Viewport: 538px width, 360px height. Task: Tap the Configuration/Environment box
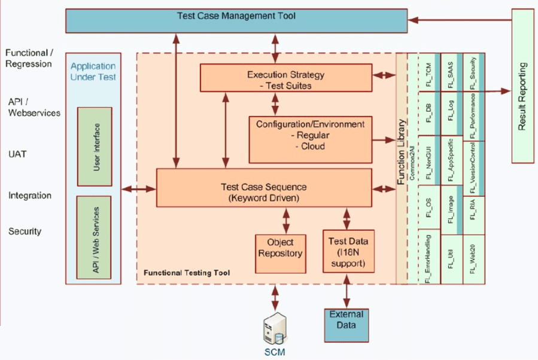click(x=309, y=136)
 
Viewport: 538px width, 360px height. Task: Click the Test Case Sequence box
click(x=263, y=187)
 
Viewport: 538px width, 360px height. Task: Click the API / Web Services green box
click(x=94, y=237)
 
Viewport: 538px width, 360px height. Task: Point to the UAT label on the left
click(x=19, y=154)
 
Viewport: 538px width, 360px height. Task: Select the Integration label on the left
click(x=30, y=196)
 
